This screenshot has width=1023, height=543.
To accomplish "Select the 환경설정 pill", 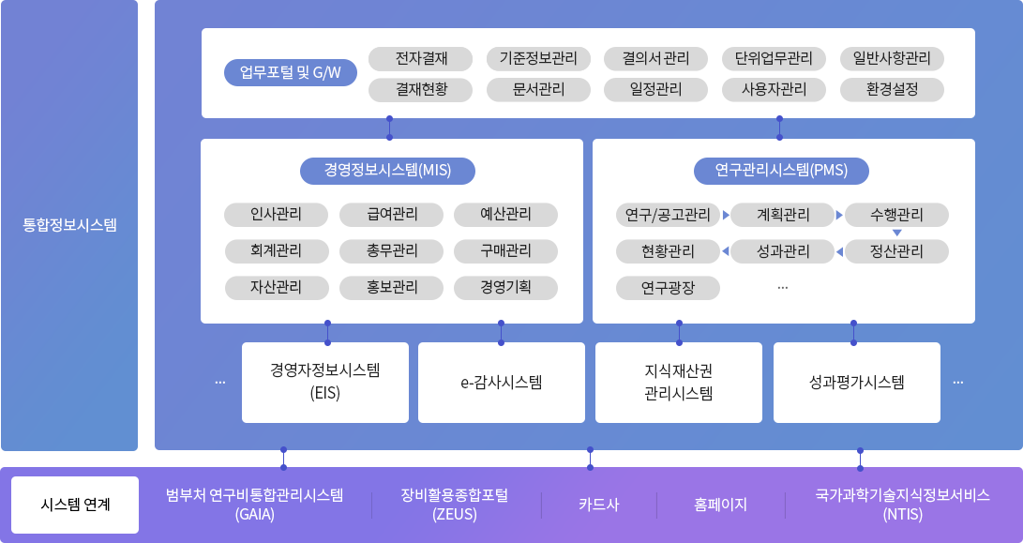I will click(x=892, y=90).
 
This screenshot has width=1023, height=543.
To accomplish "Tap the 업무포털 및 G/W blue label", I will click(x=291, y=73).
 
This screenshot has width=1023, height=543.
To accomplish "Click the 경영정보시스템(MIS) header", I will click(x=388, y=171).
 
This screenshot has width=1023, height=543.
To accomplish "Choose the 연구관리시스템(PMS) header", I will click(x=781, y=171).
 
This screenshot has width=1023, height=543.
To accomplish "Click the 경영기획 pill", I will click(x=505, y=287).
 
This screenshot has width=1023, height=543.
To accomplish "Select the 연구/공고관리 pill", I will click(x=669, y=216).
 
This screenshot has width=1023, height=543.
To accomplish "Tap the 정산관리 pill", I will click(x=896, y=251).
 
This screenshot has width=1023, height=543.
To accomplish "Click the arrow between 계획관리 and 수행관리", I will click(x=839, y=216).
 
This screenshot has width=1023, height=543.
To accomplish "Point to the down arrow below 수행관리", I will click(x=896, y=233).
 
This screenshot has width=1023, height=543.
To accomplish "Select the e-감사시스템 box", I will click(x=501, y=382).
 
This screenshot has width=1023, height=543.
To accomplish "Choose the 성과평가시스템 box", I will click(x=856, y=382).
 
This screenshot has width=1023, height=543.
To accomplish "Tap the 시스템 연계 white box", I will click(x=75, y=505).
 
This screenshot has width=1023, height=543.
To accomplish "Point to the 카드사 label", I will click(x=598, y=505).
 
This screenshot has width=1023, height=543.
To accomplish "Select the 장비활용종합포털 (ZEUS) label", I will click(x=455, y=505).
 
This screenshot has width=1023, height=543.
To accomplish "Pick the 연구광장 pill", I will click(x=669, y=287).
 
